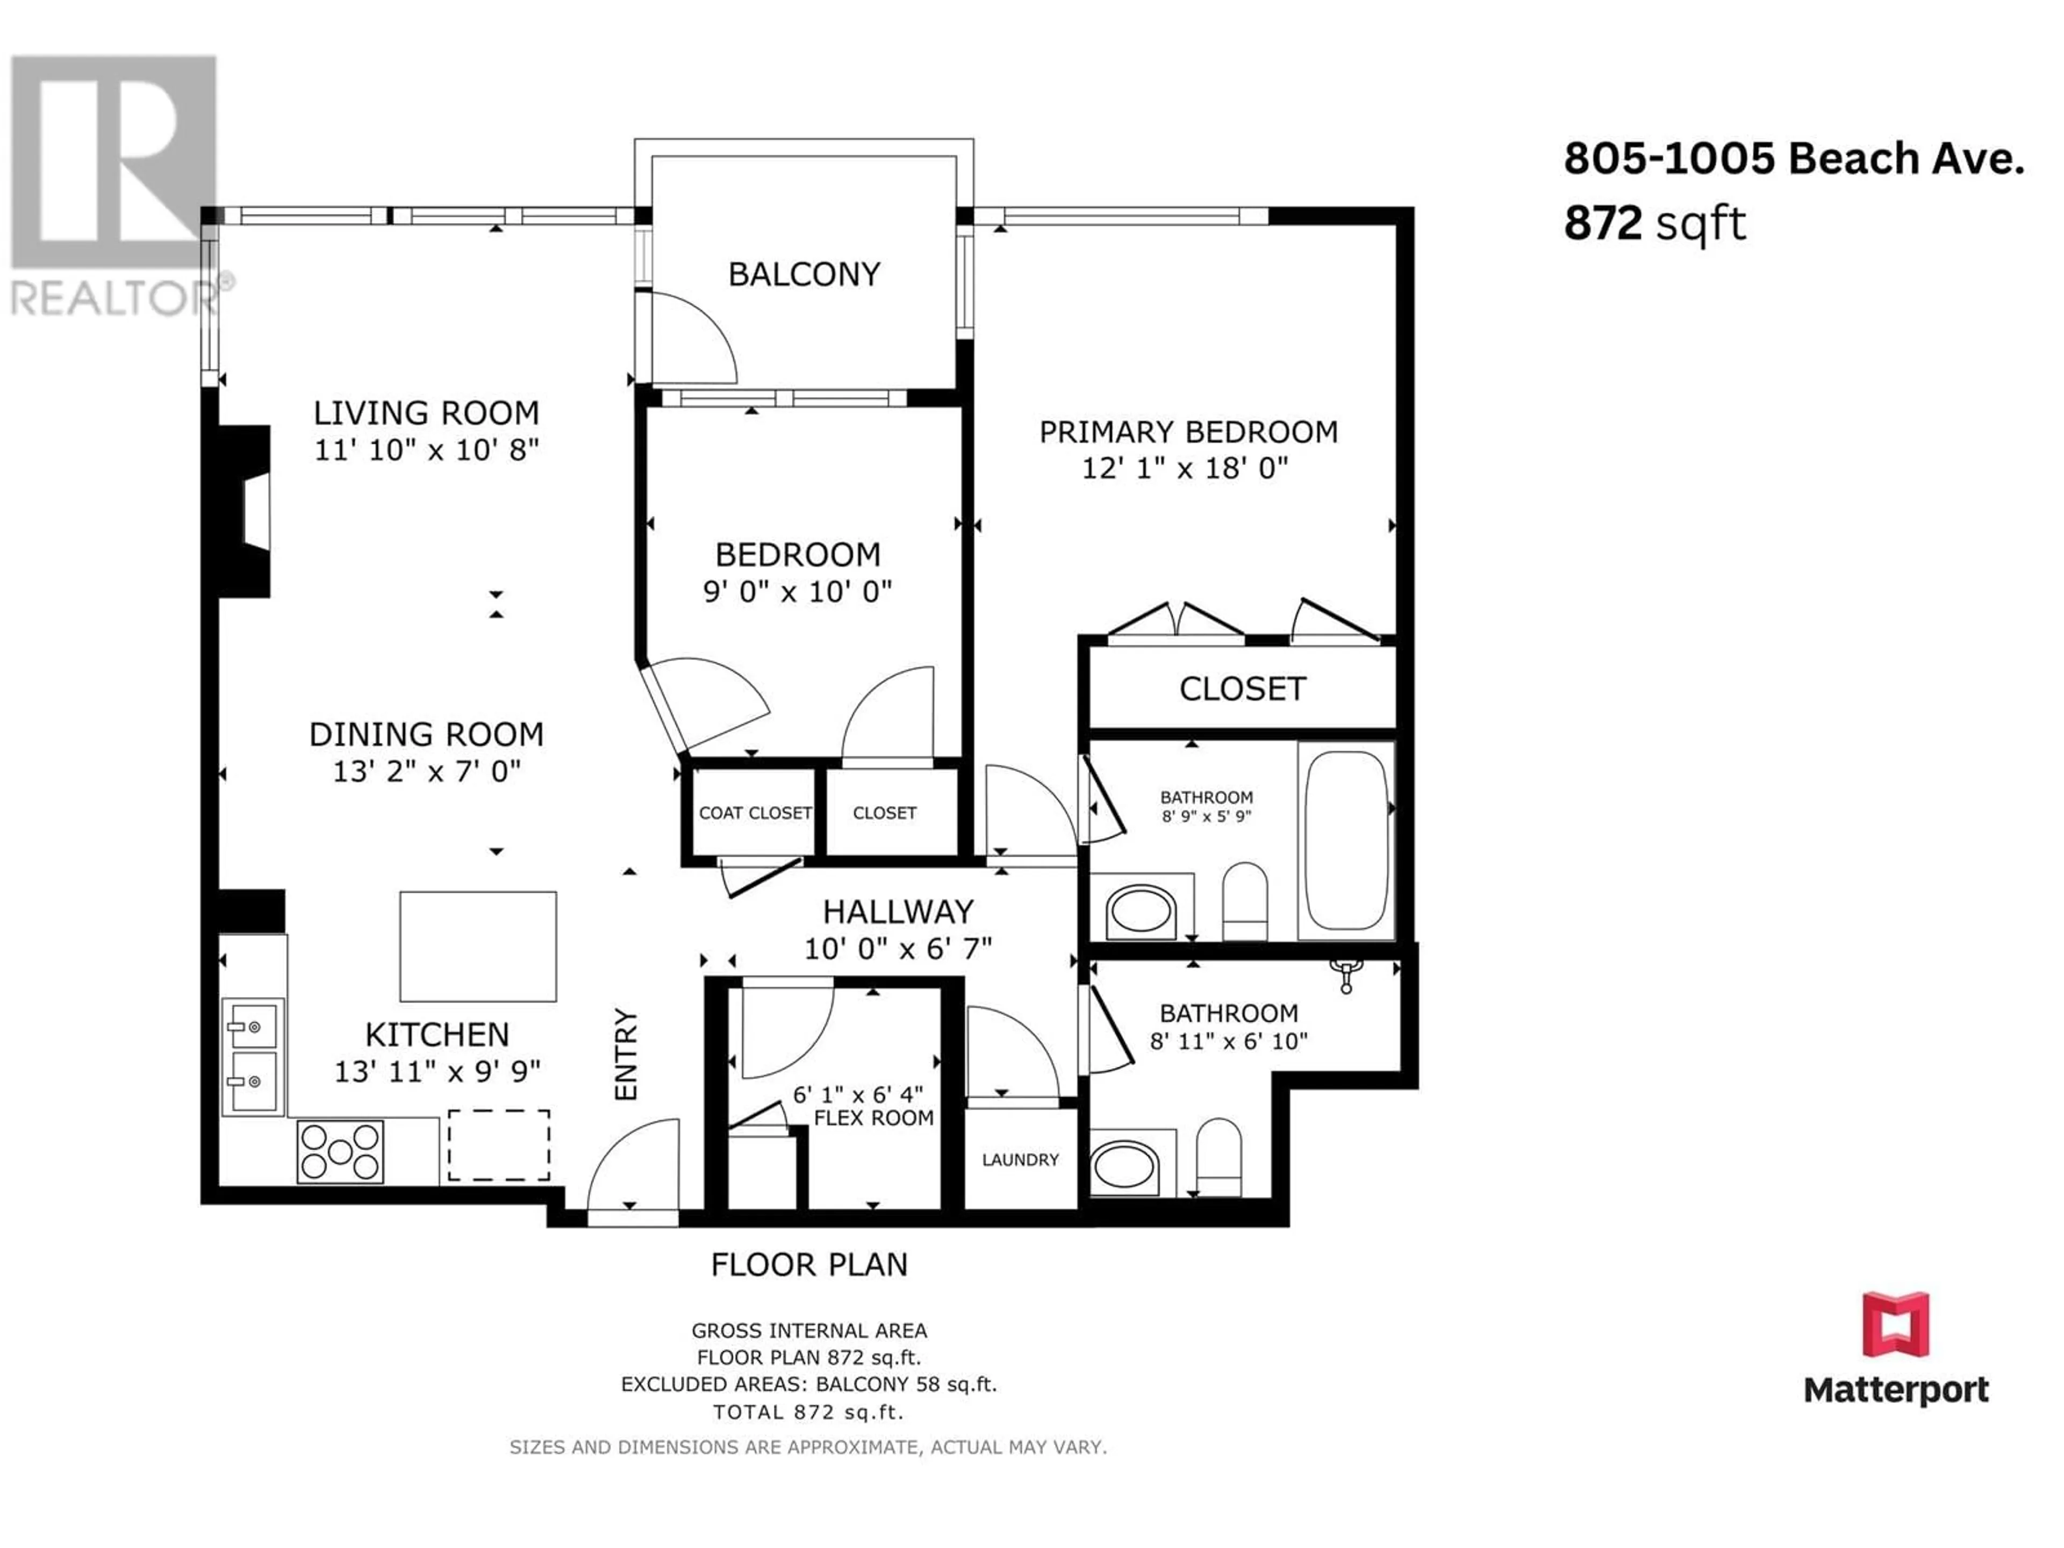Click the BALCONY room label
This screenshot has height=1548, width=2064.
(804, 274)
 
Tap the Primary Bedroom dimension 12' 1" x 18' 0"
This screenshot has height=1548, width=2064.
(1185, 468)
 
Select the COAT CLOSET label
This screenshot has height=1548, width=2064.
(755, 813)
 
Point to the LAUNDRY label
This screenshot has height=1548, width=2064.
(1020, 1160)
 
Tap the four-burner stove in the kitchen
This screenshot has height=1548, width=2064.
(340, 1151)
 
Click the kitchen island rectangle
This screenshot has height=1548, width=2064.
(478, 946)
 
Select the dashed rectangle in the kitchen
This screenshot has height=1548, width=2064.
(498, 1145)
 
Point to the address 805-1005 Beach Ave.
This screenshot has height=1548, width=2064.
(1794, 159)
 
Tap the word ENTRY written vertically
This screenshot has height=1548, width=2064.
(625, 1053)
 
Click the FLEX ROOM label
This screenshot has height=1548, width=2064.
(873, 1118)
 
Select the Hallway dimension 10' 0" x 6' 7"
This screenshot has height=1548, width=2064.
(898, 949)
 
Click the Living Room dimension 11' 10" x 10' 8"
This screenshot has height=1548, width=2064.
(426, 450)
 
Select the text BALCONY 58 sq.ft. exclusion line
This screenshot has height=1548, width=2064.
(907, 1384)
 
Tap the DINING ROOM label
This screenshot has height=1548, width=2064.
(426, 734)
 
